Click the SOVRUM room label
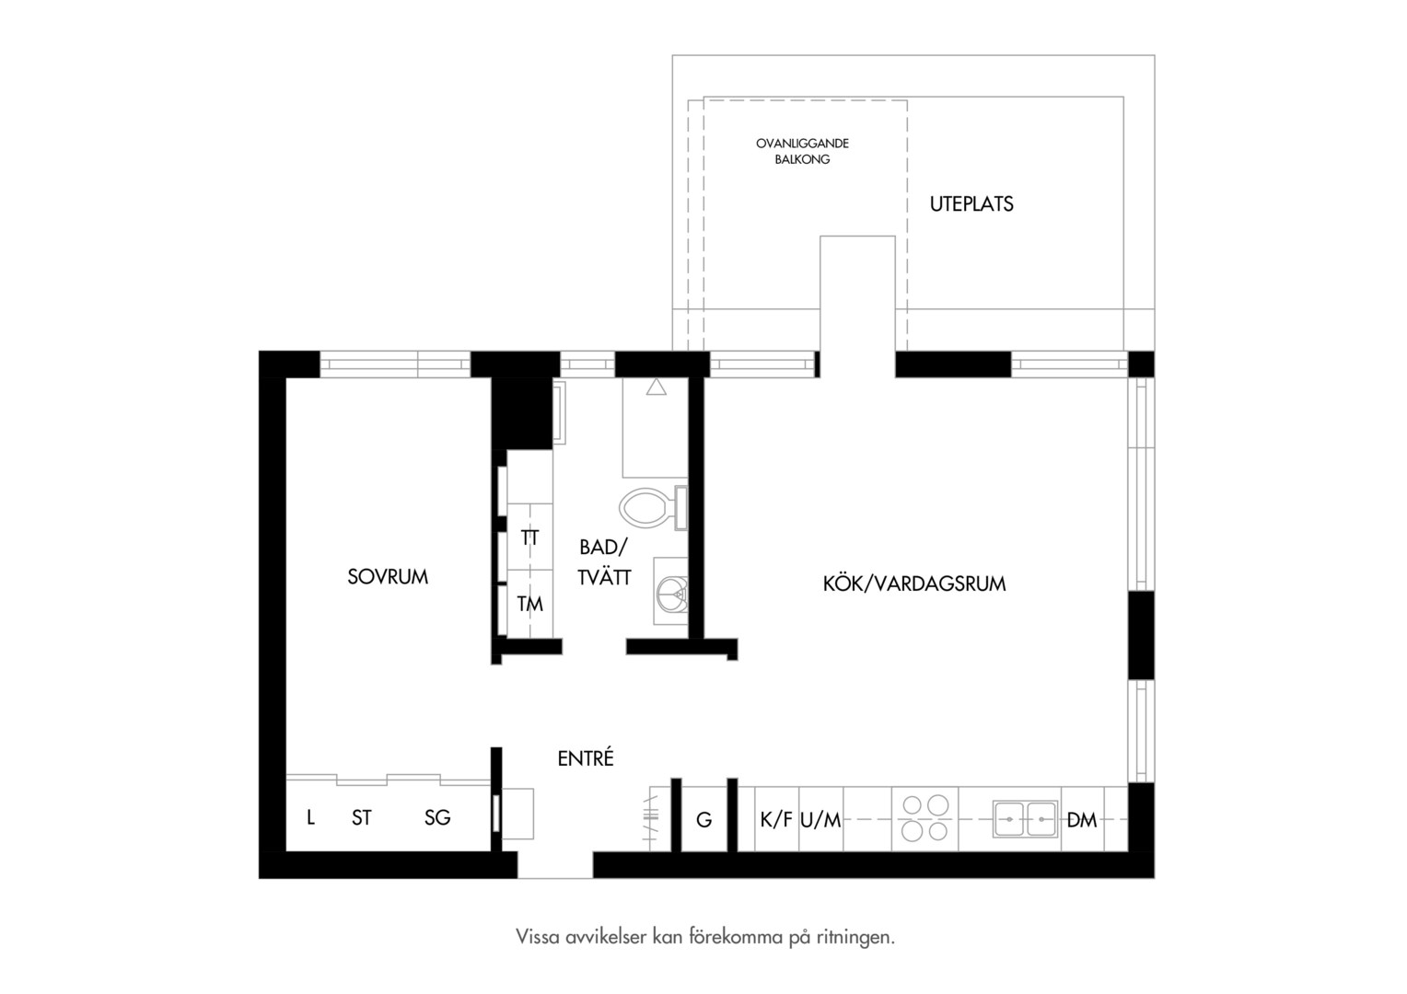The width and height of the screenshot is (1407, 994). [388, 576]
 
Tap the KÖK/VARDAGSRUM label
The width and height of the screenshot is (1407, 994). [914, 584]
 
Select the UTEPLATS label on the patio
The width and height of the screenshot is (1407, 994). [971, 204]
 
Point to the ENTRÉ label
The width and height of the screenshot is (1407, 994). [586, 757]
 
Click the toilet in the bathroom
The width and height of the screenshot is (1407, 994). [653, 507]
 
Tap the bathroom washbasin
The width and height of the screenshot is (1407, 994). [671, 591]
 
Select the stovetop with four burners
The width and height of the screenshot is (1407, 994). [924, 818]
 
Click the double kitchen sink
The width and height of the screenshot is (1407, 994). [1025, 819]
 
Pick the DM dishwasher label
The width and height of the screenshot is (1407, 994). [1082, 819]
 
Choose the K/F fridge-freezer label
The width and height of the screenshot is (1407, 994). [775, 819]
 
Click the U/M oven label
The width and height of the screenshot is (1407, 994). [820, 819]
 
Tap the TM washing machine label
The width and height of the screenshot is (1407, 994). [529, 604]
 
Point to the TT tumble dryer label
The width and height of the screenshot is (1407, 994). [529, 538]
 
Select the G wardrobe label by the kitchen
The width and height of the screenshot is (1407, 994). [704, 819]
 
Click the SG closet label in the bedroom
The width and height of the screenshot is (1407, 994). [437, 817]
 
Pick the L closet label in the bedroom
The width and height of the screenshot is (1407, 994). [310, 817]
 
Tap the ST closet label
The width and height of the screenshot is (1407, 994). [361, 817]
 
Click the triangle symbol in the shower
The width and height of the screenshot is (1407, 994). [656, 387]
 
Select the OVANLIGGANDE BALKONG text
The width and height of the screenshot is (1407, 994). [802, 151]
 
